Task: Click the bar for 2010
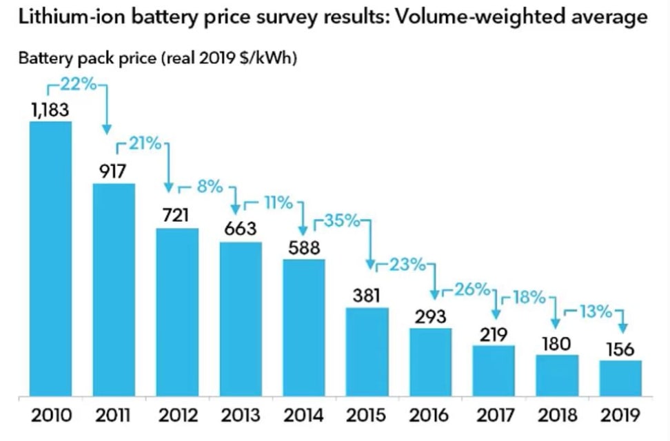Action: (x=50, y=259)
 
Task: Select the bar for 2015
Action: (x=367, y=352)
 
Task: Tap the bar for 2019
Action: (x=620, y=378)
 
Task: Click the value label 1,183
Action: (x=50, y=110)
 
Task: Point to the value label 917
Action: (x=113, y=171)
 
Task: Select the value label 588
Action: (x=304, y=247)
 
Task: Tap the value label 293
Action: (x=431, y=316)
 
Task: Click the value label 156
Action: (x=620, y=349)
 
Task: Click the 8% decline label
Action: (x=210, y=186)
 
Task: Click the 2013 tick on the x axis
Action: (x=240, y=416)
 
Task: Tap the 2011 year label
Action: (x=113, y=416)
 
